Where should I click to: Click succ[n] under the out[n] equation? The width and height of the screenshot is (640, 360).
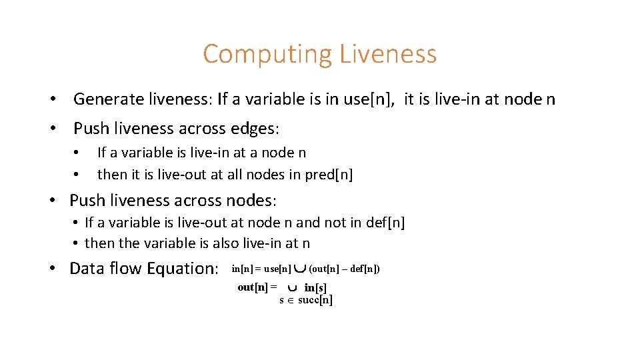315,300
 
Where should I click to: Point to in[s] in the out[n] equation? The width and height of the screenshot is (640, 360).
315,288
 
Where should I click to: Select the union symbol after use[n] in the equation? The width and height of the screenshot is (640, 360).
300,269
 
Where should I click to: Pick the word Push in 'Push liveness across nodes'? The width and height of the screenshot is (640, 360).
86,200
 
